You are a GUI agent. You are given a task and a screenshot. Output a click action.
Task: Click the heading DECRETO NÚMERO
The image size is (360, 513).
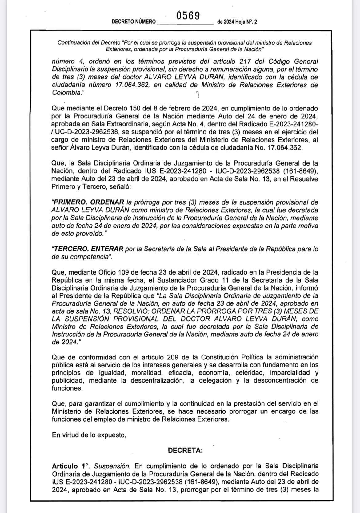click(134, 22)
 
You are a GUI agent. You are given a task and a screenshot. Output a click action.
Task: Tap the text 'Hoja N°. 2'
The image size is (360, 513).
click(246, 22)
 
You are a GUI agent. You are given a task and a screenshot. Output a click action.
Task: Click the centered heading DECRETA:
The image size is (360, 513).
click(185, 451)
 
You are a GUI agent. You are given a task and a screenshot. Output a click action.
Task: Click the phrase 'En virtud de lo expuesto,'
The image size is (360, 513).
click(89, 435)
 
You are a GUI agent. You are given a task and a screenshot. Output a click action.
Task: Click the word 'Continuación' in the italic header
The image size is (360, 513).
click(73, 43)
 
